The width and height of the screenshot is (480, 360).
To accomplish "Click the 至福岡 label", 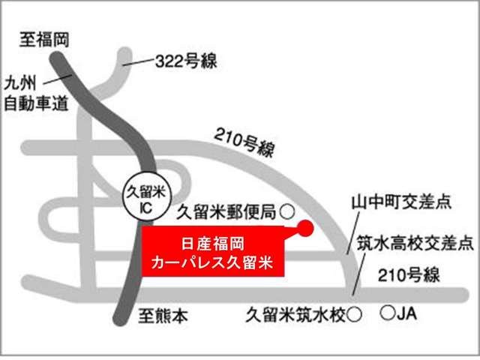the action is click(44, 40).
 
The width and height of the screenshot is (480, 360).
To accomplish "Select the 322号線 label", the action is click(184, 61).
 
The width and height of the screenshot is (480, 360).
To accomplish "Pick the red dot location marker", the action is click(304, 229).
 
